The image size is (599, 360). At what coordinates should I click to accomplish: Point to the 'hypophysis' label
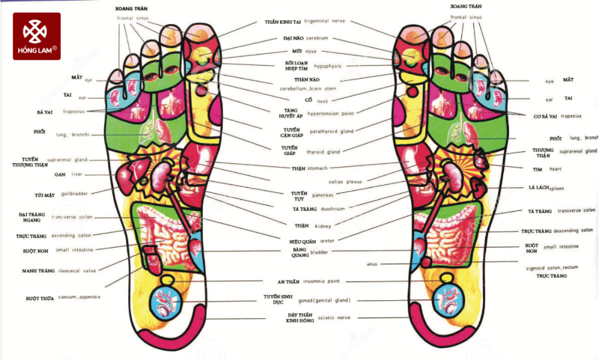coord(327,66)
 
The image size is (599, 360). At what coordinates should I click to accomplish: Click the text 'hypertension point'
coord(323,113)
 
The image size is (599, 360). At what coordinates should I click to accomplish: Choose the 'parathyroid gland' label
coord(325,131)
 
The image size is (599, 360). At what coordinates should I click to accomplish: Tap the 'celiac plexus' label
coord(345,181)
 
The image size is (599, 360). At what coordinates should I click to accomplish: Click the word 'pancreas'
coord(323,193)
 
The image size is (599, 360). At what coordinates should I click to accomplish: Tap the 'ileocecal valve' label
coord(75,270)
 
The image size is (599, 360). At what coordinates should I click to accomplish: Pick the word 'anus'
coord(372,263)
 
